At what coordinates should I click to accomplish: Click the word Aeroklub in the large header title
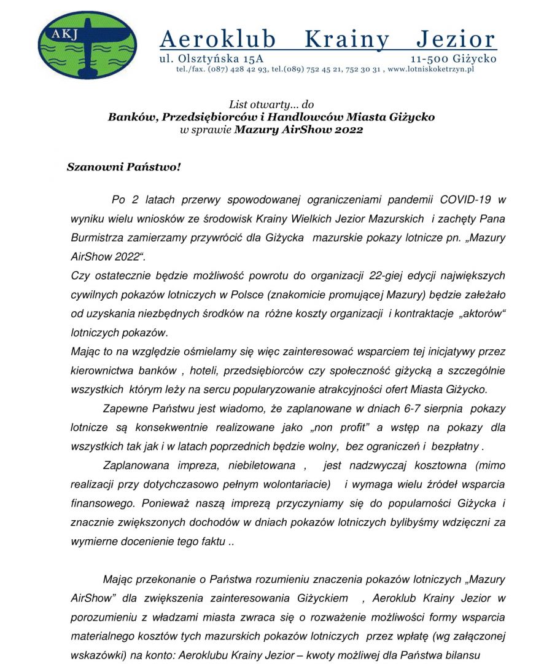point(218,40)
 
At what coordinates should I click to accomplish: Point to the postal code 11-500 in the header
point(429,59)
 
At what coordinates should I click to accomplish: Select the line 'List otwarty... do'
point(271,105)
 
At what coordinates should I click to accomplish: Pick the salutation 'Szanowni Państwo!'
point(123,167)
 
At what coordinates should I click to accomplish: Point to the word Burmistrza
point(98,237)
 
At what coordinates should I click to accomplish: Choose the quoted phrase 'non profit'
point(330,427)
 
